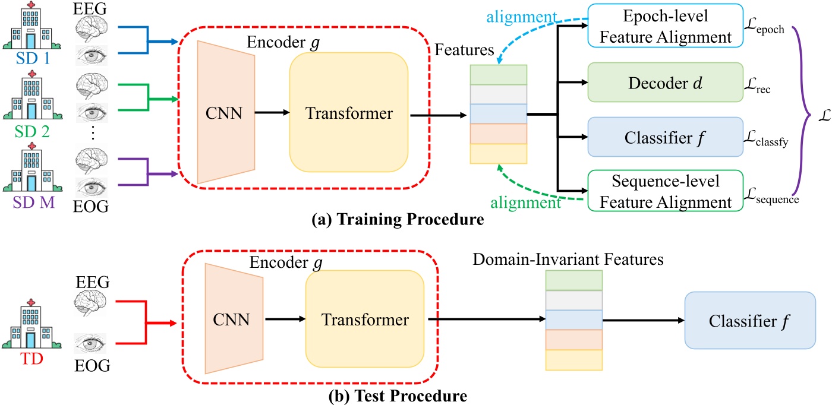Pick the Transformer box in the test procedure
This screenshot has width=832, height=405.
click(x=365, y=321)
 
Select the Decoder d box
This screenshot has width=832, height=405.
click(x=665, y=84)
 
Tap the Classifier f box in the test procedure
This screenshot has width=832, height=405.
click(x=749, y=321)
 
